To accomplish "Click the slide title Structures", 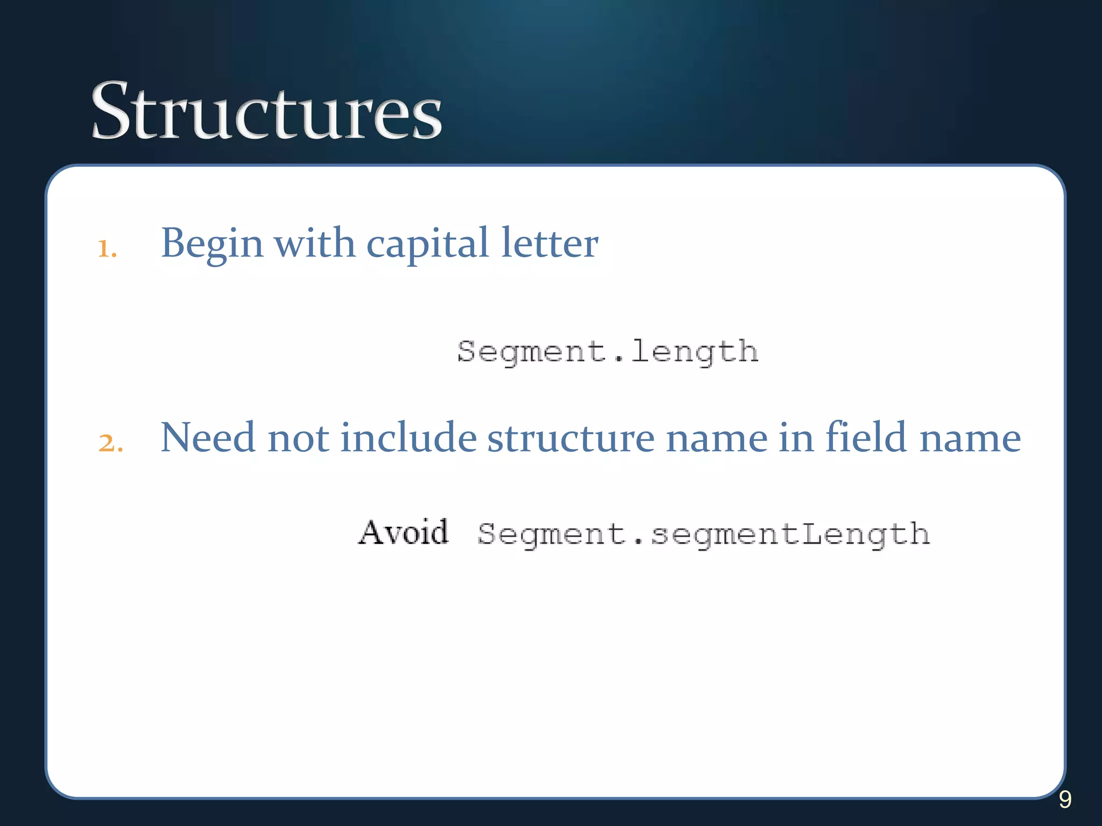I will click(x=266, y=111).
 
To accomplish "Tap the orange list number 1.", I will click(x=107, y=248).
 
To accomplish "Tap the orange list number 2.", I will click(x=110, y=443).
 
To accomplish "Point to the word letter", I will click(x=549, y=243).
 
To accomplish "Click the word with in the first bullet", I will click(x=314, y=243).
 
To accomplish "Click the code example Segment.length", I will click(x=607, y=353).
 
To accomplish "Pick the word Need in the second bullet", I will click(x=207, y=437).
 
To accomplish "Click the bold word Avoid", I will click(x=403, y=533).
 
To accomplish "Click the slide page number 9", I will click(x=1065, y=800).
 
